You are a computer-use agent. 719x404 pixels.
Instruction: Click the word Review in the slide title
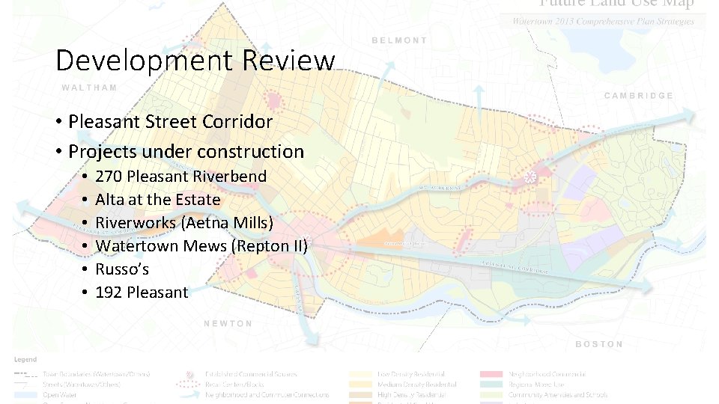pos(288,61)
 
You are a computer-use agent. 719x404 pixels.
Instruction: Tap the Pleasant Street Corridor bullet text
pos(170,121)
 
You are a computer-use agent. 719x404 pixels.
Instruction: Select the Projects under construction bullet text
pos(186,151)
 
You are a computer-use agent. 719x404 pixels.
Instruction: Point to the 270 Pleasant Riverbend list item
pos(180,177)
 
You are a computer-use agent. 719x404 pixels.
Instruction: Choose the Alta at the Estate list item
pos(157,200)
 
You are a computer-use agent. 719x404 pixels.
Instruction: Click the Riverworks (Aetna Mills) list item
pos(184,223)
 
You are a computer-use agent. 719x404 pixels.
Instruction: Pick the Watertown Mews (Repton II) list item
pos(201,246)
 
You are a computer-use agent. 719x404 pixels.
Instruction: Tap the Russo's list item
pos(122,269)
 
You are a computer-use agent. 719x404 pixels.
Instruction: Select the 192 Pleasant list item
pos(142,293)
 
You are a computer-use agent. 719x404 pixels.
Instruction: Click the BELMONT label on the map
pos(399,40)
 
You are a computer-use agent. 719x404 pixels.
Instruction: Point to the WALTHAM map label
pos(89,88)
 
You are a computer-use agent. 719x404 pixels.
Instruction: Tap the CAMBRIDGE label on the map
pos(638,96)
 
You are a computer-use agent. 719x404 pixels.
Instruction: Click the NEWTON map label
pos(228,323)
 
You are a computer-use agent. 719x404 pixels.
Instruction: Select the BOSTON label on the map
pos(598,344)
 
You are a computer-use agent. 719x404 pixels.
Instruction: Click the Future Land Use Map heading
pos(616,4)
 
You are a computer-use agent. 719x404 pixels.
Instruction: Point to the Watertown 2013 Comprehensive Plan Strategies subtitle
pos(603,21)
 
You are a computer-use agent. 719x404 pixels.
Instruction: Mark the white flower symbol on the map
pos(530,178)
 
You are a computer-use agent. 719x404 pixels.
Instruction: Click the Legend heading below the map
pos(25,360)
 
